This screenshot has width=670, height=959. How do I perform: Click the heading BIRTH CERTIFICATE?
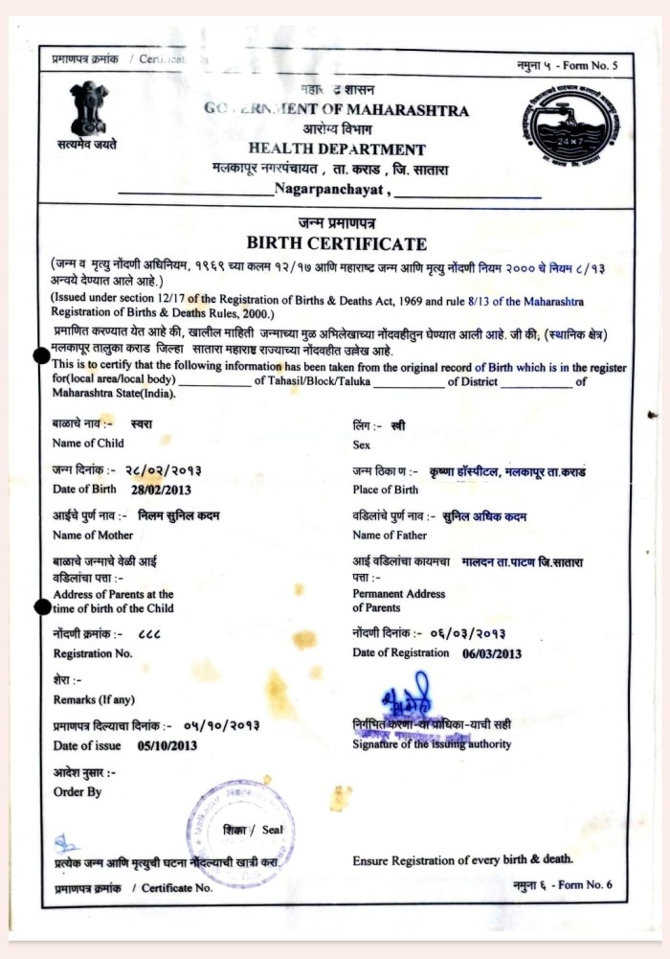click(x=336, y=243)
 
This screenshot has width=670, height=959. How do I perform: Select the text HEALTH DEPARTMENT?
click(x=337, y=149)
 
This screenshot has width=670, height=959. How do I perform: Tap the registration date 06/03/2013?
click(x=492, y=653)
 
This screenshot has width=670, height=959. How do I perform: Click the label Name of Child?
click(x=88, y=444)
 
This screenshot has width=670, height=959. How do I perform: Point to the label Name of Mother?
click(x=93, y=536)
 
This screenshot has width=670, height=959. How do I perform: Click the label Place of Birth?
click(x=385, y=490)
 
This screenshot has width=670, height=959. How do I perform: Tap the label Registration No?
click(x=93, y=653)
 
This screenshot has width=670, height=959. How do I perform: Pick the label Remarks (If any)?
click(x=94, y=699)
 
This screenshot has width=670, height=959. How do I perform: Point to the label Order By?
click(x=78, y=792)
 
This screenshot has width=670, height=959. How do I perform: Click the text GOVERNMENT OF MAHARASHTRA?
click(x=336, y=110)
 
